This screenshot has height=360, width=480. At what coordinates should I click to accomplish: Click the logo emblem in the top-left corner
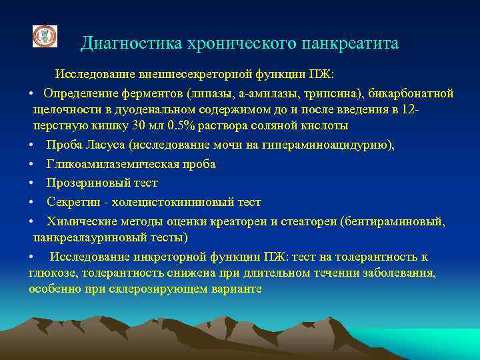45,37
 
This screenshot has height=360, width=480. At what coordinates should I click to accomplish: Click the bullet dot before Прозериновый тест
32,183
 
